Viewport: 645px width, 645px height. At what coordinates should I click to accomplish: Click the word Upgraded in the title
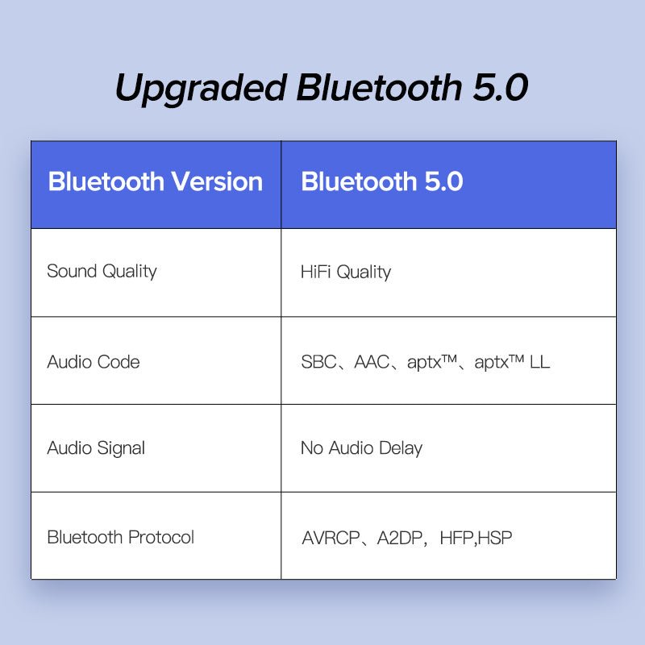[200, 88]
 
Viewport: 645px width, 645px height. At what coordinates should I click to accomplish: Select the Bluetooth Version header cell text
[156, 181]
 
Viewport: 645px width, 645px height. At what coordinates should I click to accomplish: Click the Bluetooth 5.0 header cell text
[381, 181]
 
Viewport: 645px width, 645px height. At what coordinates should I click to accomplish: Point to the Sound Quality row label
[102, 271]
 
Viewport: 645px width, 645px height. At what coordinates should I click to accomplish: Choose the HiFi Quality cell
[345, 272]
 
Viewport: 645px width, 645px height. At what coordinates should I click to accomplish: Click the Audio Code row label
[94, 361]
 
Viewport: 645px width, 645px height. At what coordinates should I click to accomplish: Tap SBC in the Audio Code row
[318, 361]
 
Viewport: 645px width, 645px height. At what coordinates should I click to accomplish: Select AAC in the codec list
[371, 361]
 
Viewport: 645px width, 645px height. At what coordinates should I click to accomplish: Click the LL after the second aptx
[539, 361]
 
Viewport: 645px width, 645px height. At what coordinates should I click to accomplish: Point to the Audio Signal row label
[96, 448]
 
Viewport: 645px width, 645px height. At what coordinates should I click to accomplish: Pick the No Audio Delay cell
[361, 448]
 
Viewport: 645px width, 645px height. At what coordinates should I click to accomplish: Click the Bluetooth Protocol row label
[121, 537]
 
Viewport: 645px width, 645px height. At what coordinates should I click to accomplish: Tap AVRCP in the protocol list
[331, 538]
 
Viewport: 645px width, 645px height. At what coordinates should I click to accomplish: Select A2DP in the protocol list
[401, 538]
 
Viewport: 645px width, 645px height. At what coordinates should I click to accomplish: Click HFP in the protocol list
[457, 538]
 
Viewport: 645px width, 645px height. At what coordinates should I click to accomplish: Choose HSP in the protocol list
[495, 538]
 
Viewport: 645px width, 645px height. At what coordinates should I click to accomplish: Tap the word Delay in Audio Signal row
[402, 448]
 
